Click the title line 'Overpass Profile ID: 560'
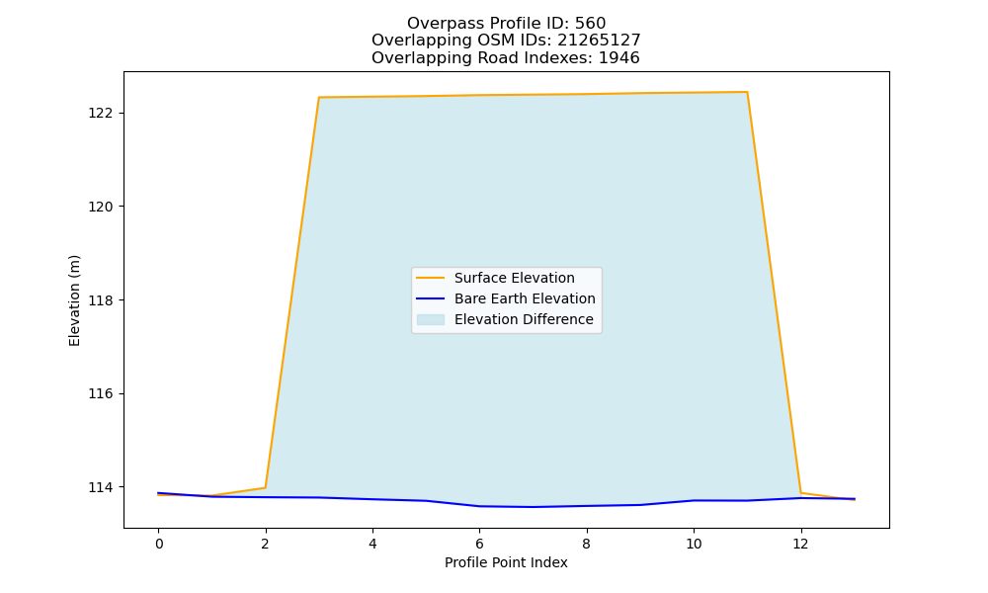click(x=506, y=24)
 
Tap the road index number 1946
click(x=618, y=58)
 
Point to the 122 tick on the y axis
click(x=100, y=114)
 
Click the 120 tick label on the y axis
click(x=100, y=207)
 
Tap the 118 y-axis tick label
click(x=100, y=300)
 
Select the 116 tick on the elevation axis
click(x=100, y=394)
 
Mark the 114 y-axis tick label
click(x=100, y=488)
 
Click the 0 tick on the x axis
click(x=159, y=544)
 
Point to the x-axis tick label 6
click(x=479, y=544)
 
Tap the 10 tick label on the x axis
click(x=694, y=544)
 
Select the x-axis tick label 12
click(x=801, y=544)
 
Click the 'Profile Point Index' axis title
click(x=506, y=562)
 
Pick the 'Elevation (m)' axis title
click(x=75, y=300)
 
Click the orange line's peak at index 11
click(x=747, y=92)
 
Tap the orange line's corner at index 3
click(x=319, y=98)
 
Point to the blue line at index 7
click(x=534, y=507)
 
